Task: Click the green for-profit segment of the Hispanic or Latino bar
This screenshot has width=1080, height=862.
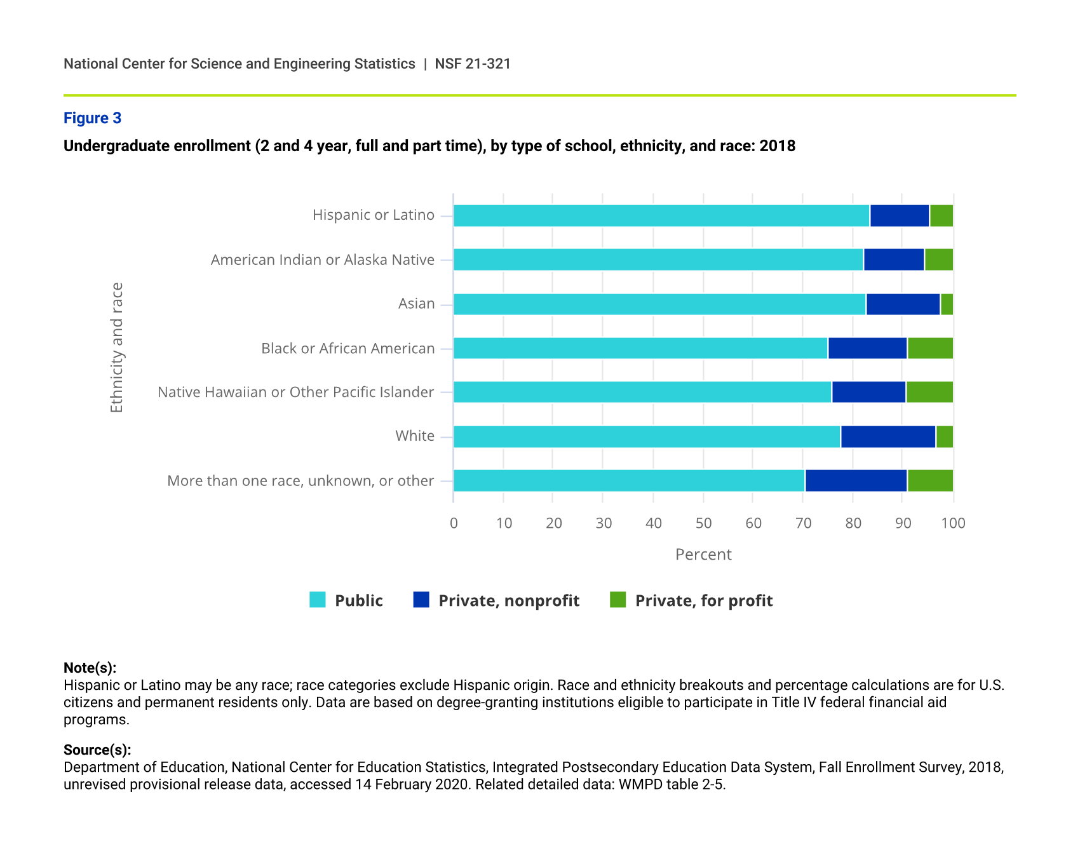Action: coord(941,216)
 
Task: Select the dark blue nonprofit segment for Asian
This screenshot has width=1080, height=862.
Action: coord(903,304)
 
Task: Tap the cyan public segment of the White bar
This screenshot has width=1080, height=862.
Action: coord(647,437)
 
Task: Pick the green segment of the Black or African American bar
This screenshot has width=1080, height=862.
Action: coord(930,349)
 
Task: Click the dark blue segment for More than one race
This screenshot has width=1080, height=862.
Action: coord(856,481)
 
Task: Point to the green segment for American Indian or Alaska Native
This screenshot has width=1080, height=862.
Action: coord(938,260)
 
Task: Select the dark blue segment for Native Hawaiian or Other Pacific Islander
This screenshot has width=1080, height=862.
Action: coord(868,393)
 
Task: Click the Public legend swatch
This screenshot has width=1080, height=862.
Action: coord(318,600)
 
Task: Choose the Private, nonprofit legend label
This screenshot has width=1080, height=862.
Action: coord(509,601)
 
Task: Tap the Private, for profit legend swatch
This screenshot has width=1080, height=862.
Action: coord(618,600)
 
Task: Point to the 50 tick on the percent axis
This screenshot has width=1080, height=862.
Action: coord(703,523)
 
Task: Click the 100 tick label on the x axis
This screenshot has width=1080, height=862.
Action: coord(953,523)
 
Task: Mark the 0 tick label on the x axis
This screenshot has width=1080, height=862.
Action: coord(454,523)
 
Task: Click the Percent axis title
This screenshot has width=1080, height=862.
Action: coord(703,555)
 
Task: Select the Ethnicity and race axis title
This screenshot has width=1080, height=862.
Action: coord(117,347)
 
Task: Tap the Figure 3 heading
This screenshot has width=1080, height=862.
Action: coord(92,118)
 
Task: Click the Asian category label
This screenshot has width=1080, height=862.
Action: coord(416,304)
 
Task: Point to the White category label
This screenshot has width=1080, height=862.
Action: coord(415,436)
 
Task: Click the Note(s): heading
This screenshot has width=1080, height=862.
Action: coord(90,668)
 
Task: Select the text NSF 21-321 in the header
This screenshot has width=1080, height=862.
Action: coord(473,64)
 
